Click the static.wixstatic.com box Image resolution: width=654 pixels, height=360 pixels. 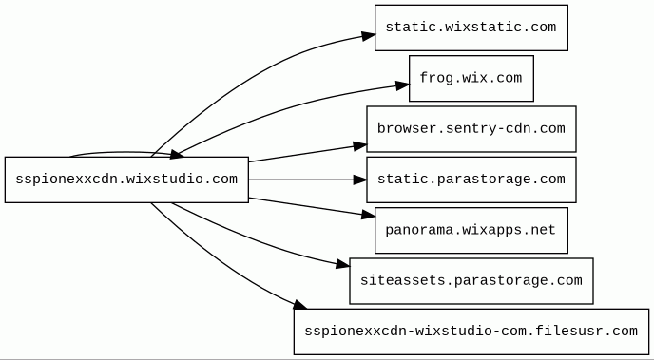click(x=471, y=28)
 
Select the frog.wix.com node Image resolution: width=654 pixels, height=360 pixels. click(x=471, y=78)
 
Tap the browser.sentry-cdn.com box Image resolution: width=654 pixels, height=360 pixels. click(x=471, y=129)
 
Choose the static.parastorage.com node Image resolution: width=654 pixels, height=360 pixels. click(x=471, y=180)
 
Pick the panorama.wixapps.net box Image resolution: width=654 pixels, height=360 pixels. click(x=471, y=231)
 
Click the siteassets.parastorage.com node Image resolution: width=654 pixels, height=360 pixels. click(x=471, y=281)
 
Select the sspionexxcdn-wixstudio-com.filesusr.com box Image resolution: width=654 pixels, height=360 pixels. click(x=471, y=332)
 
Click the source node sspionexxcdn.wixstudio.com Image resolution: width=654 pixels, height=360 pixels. click(x=126, y=180)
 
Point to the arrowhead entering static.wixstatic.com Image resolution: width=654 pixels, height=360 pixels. click(x=368, y=36)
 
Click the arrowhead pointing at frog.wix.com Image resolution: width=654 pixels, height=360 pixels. click(x=402, y=85)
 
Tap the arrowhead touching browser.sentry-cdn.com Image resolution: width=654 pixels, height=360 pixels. click(x=360, y=146)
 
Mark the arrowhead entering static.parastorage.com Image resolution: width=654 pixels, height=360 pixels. click(x=360, y=180)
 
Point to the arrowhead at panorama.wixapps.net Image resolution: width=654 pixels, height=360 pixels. click(x=368, y=215)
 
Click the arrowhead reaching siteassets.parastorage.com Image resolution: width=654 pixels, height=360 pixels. click(x=343, y=264)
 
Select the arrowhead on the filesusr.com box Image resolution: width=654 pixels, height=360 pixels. click(x=300, y=305)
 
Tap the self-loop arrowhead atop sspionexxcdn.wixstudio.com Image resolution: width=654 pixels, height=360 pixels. click(x=177, y=155)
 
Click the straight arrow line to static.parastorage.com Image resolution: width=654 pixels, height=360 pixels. click(x=301, y=180)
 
